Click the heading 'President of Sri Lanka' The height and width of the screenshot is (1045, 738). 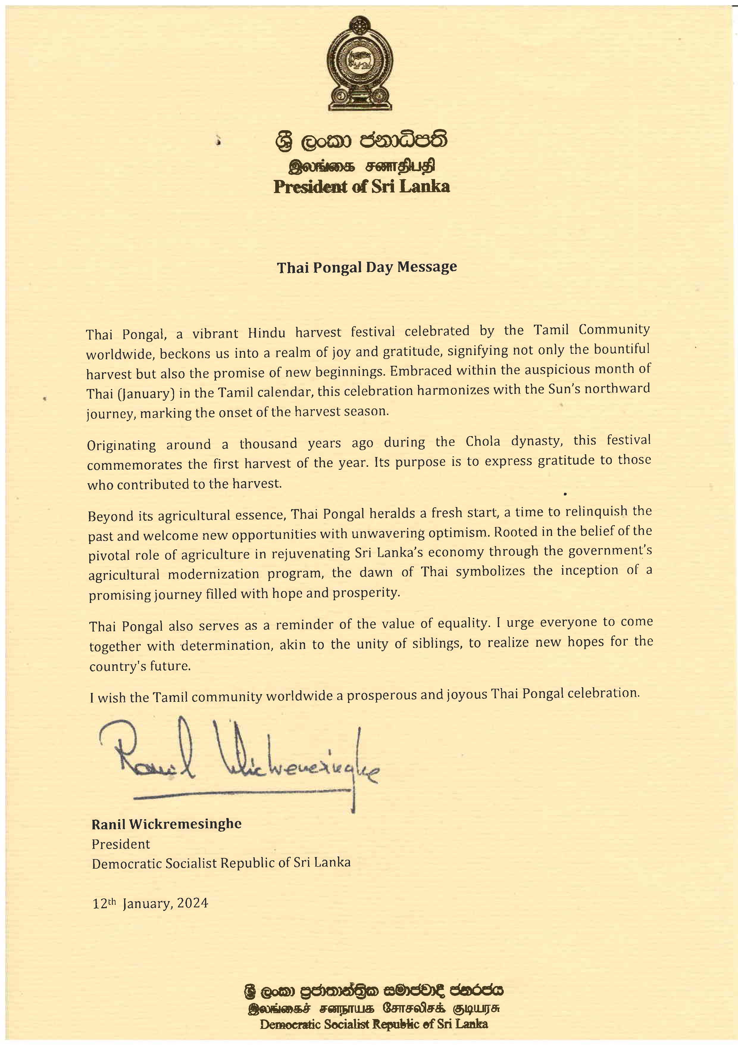click(362, 186)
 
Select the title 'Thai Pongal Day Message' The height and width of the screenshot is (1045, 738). click(367, 267)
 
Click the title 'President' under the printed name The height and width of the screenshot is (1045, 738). click(121, 844)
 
